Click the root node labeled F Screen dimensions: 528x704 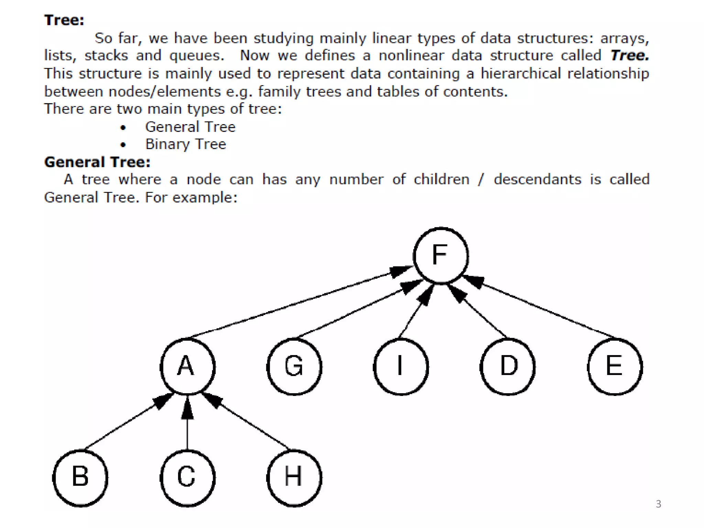click(441, 255)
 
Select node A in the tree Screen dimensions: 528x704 click(188, 366)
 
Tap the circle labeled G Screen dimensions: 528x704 click(294, 366)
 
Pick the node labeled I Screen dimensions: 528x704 click(401, 366)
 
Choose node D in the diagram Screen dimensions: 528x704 click(508, 366)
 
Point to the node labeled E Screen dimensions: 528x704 click(615, 366)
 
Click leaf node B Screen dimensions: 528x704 click(80, 478)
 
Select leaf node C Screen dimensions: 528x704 click(188, 478)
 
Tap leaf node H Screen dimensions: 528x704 click(294, 478)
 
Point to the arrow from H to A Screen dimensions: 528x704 click(247, 423)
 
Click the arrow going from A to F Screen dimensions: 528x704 click(296, 302)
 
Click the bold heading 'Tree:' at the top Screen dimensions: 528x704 click(64, 20)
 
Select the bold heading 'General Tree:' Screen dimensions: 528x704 click(97, 162)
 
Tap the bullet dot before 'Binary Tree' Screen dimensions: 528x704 click(123, 145)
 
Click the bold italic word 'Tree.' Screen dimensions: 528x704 click(629, 55)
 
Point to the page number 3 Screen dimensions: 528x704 click(658, 504)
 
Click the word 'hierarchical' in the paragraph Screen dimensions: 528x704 click(520, 74)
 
